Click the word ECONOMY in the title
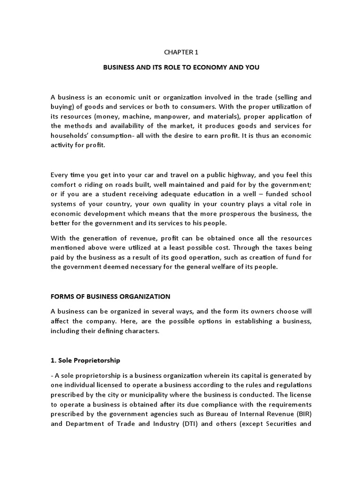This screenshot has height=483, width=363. [x=211, y=67]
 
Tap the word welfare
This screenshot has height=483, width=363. [x=226, y=267]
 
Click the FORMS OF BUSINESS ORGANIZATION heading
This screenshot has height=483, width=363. [x=110, y=297]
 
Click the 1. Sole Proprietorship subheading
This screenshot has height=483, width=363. [x=85, y=360]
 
